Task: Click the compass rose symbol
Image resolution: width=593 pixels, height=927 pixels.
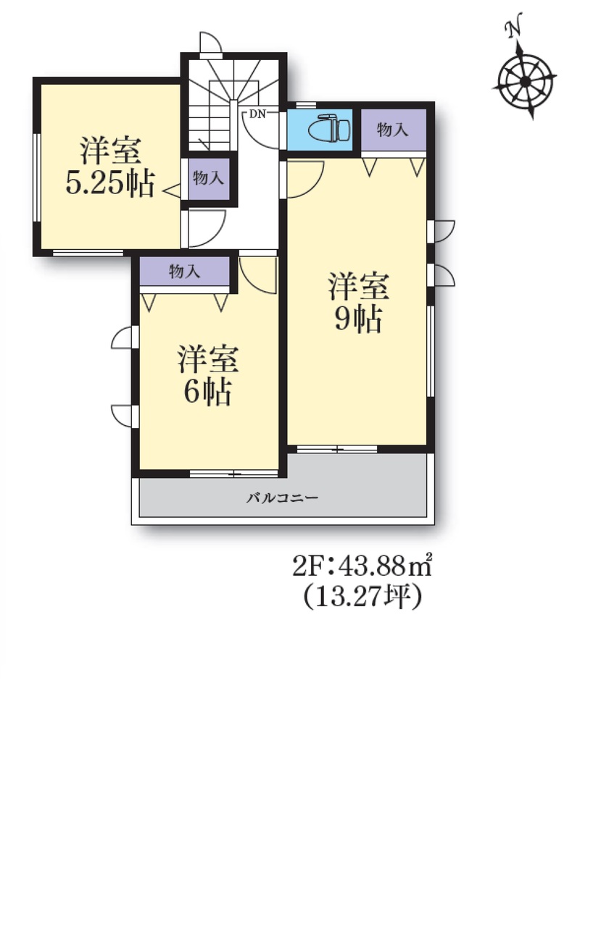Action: (x=524, y=82)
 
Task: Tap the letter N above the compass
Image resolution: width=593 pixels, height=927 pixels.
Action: (x=513, y=29)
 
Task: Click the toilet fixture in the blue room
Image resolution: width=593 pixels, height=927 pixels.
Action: (x=329, y=128)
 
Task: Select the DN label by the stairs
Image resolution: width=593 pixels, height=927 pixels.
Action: (x=257, y=114)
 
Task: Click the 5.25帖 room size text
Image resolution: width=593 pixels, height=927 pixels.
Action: (x=110, y=183)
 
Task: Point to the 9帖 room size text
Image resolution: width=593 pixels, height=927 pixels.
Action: (x=358, y=319)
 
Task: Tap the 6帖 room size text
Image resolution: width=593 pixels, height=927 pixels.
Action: (x=207, y=391)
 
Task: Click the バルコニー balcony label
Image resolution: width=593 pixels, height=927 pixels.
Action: (x=283, y=497)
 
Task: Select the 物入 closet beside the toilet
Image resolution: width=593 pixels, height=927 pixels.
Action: (x=393, y=130)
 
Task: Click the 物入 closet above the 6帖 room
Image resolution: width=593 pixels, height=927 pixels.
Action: (x=185, y=272)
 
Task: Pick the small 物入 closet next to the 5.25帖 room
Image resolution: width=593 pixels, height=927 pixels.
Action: (x=208, y=178)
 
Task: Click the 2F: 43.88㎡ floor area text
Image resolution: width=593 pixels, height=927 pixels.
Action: (x=362, y=566)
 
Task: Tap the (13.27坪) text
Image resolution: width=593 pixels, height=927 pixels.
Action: (x=362, y=597)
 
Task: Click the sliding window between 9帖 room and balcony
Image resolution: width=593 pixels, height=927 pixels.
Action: (x=337, y=449)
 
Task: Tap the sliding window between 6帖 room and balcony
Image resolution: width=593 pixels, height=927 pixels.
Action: (x=234, y=474)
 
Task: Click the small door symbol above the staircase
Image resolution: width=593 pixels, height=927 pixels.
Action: (x=211, y=44)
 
